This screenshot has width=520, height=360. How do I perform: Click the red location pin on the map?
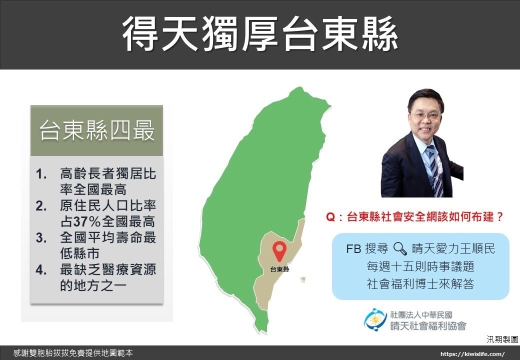[x=279, y=251]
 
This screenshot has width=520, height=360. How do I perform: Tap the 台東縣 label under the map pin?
[x=279, y=269]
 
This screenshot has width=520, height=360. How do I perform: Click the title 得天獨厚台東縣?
[x=260, y=34]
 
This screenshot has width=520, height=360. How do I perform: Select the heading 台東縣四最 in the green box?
[x=97, y=130]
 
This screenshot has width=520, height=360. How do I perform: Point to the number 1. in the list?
[x=41, y=173]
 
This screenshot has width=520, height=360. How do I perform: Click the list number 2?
[x=41, y=206]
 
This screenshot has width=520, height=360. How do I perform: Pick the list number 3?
[x=41, y=237]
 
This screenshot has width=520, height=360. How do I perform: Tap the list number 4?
[x=41, y=269]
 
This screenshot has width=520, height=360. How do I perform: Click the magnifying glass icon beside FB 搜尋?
[x=399, y=248]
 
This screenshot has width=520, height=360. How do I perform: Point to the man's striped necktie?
[x=434, y=170]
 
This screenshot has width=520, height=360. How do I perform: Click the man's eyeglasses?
[x=425, y=116]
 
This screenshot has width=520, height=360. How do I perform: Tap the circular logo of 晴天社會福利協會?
[x=375, y=319]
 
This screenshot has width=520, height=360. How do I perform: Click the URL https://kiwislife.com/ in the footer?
[x=472, y=354]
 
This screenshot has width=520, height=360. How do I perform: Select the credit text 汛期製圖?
[x=502, y=339]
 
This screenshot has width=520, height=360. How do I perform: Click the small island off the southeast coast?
[x=303, y=280]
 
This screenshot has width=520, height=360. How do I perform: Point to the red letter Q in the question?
[x=330, y=217]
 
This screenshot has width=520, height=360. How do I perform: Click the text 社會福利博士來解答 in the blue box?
[x=420, y=284]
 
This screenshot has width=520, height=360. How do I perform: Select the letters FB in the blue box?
[x=353, y=248]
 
